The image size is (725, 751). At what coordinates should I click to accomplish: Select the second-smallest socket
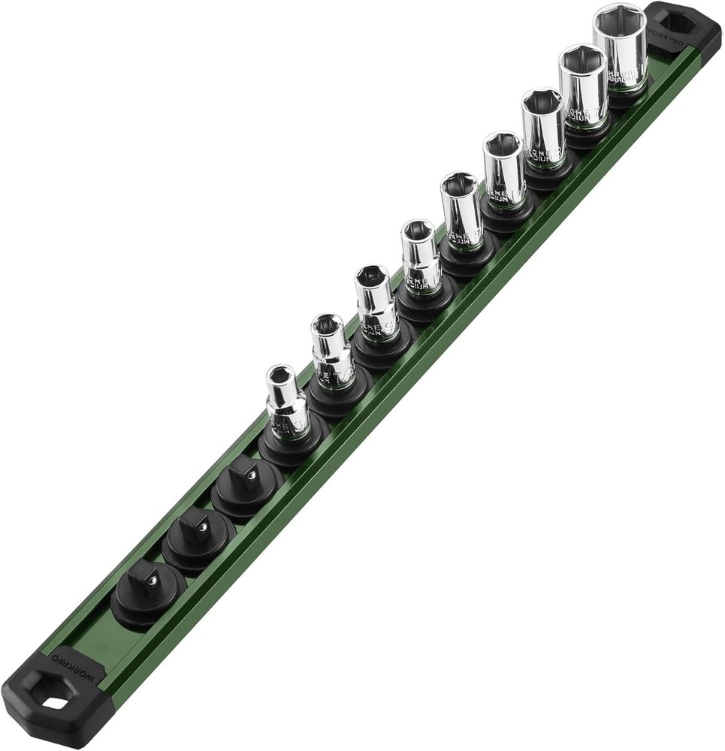(x=331, y=351)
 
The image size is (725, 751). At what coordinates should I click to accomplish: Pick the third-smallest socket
(x=376, y=302)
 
